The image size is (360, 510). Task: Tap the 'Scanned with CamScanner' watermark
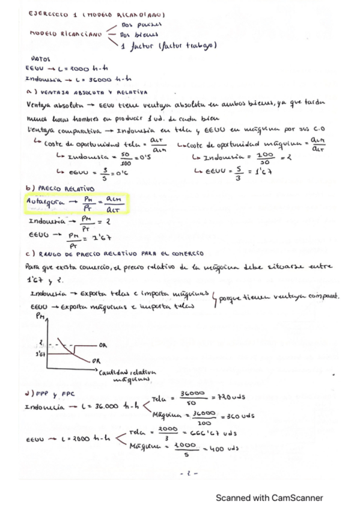point(270,497)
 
